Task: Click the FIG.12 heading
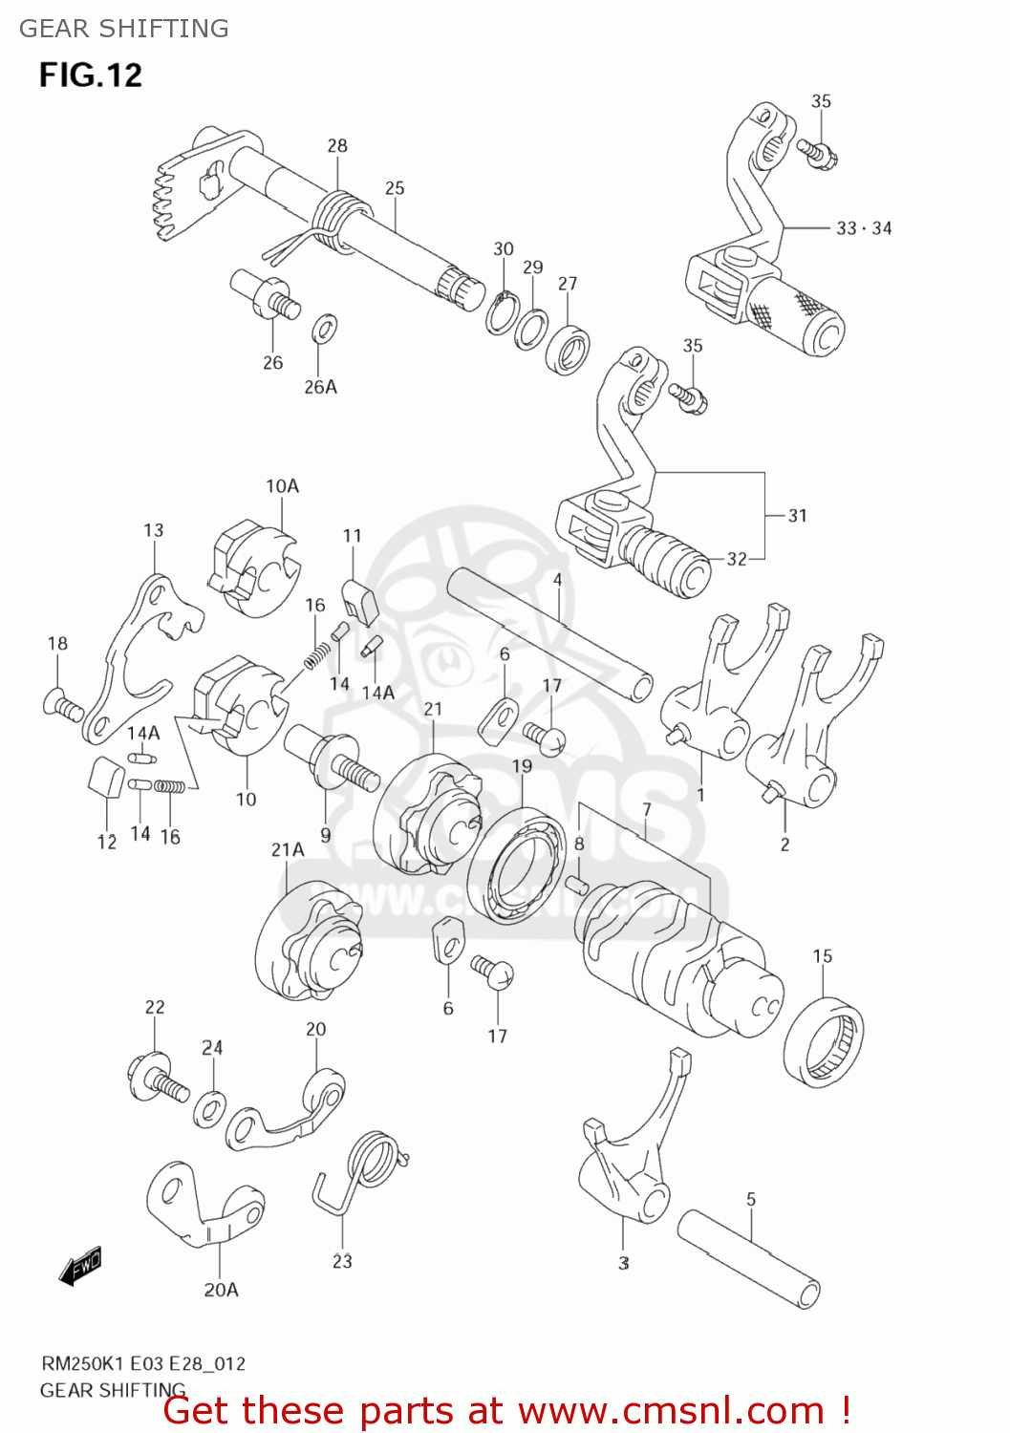tap(91, 75)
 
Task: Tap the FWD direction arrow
tap(79, 1267)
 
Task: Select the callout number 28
tap(337, 146)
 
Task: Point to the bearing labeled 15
tap(823, 1041)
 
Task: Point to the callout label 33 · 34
tap(864, 228)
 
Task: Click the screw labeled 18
tap(63, 706)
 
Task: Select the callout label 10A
tap(282, 486)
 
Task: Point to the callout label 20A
tap(221, 1290)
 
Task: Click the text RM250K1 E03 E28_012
tap(142, 1364)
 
